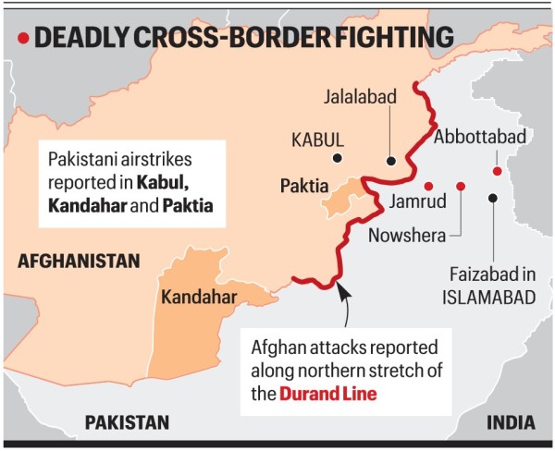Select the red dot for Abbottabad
coord(497,171)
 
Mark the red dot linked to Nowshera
coord(461,186)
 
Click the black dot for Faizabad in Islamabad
coord(495,196)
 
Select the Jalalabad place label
coord(363,95)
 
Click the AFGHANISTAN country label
coord(79,262)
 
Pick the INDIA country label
coord(510,422)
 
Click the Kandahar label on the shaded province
coord(199,297)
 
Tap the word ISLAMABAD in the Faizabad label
coord(487,298)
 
